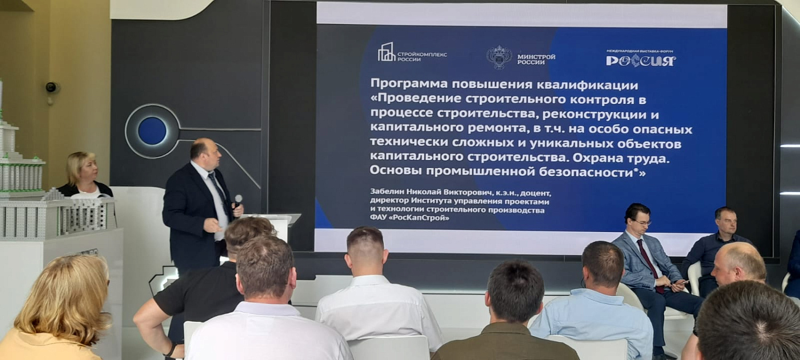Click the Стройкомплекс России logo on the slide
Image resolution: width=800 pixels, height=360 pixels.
412,53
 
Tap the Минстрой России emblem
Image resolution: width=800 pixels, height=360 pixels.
499,57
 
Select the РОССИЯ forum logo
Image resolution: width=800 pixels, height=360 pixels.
641,60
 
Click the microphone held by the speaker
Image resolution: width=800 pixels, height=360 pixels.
238,201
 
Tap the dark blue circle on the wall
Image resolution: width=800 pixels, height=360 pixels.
152,131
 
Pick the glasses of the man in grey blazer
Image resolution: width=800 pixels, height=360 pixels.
643,222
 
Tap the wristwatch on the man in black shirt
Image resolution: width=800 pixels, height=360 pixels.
170,349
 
